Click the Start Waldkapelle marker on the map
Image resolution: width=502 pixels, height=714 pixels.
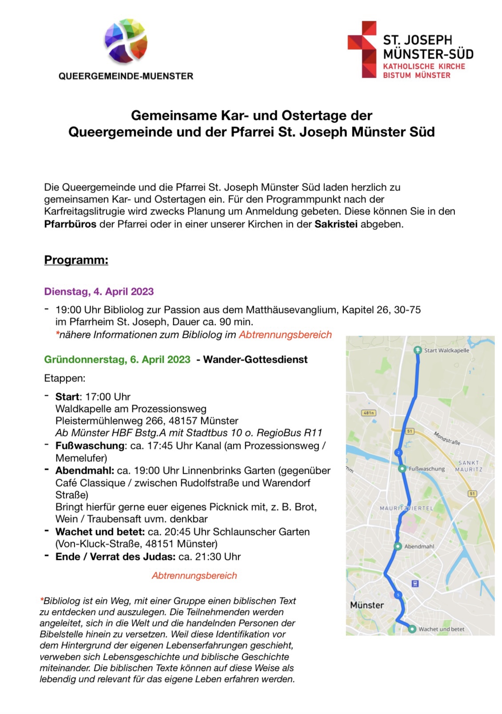click(418, 350)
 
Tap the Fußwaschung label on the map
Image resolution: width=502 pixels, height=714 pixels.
click(426, 469)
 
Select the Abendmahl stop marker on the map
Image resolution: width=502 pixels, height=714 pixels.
click(398, 547)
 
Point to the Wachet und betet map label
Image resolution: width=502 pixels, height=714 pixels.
click(441, 629)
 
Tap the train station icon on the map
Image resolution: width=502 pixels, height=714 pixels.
click(415, 584)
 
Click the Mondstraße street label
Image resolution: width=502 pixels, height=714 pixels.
click(447, 439)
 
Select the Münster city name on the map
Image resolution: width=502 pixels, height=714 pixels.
click(367, 605)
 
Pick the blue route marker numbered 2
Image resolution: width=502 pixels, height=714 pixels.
click(398, 452)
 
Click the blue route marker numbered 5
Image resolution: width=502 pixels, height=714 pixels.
click(398, 595)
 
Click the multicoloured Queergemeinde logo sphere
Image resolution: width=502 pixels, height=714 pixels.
click(126, 41)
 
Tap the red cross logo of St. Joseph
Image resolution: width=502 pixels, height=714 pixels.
click(362, 49)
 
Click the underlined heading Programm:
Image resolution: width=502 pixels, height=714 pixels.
click(76, 260)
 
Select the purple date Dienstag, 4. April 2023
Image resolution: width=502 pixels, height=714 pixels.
click(99, 292)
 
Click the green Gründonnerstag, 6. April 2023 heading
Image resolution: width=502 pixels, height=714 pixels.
click(117, 360)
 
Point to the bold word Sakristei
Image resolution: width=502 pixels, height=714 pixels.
click(336, 224)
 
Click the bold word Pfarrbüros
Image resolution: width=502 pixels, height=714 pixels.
click(70, 224)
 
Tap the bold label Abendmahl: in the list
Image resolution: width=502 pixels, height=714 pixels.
click(84, 471)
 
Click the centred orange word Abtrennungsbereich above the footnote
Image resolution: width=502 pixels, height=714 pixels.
click(194, 576)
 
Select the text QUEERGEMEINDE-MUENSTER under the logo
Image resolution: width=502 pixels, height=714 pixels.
click(126, 76)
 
